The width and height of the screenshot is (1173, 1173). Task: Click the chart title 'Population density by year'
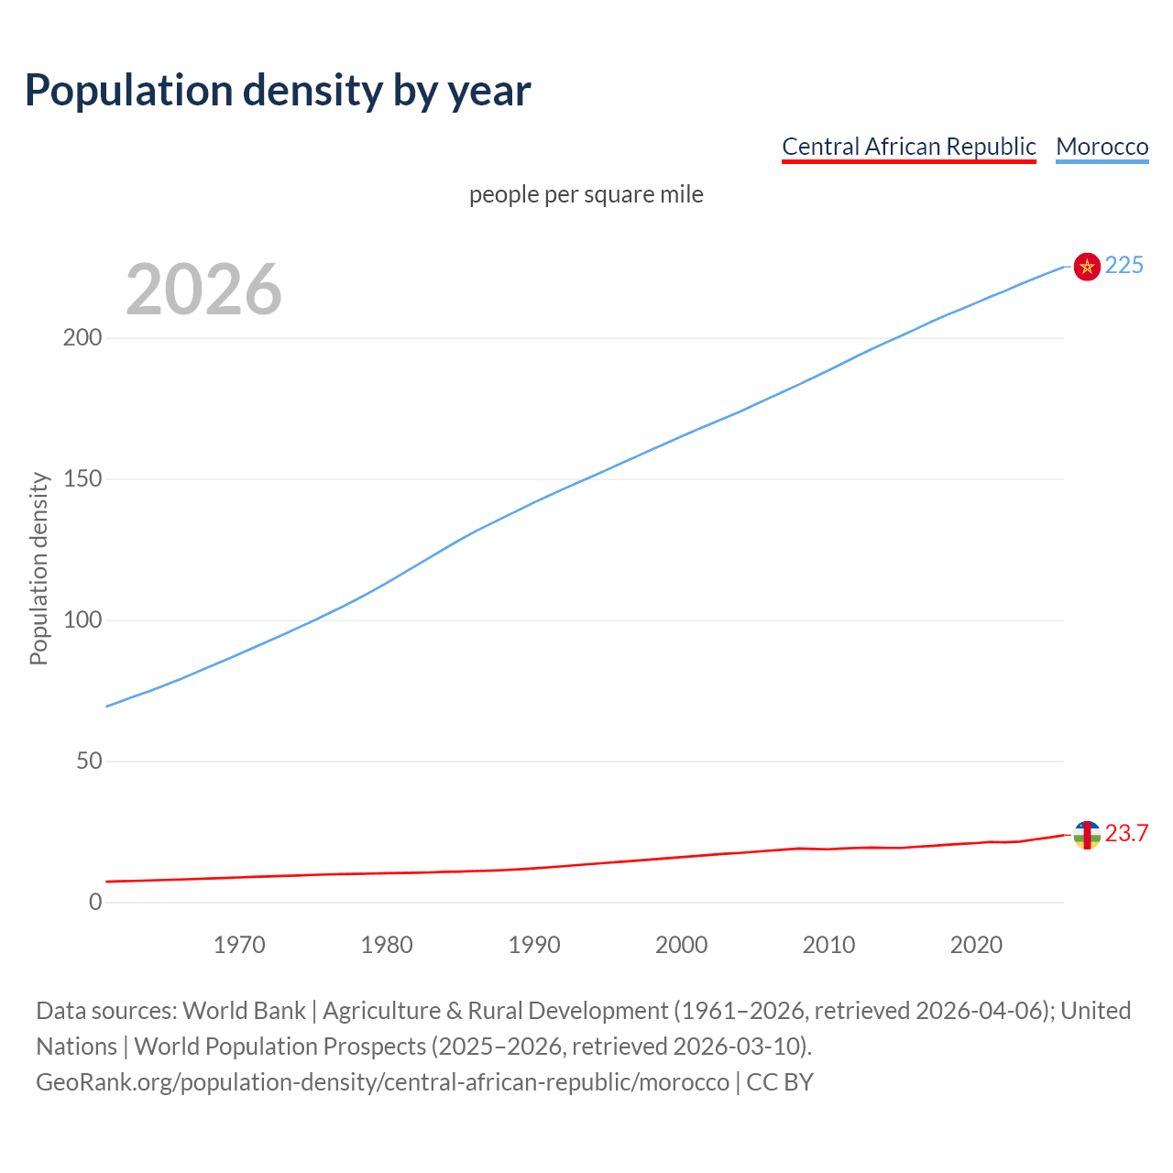coord(278,90)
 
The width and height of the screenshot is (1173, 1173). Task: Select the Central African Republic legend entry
coord(908,147)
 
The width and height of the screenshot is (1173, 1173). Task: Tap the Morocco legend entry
coord(1102,147)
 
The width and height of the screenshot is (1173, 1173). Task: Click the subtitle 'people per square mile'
coord(586,194)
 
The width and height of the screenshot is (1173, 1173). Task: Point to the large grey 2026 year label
coord(203,289)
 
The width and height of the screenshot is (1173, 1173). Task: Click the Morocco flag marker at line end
coord(1086,266)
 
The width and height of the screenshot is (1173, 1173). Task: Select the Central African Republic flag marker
coord(1086,835)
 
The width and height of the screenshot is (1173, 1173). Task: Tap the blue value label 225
coord(1124,265)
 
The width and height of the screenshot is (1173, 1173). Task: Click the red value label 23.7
coord(1126,833)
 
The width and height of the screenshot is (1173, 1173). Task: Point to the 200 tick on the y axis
coord(82,337)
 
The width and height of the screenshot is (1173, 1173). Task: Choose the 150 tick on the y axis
coord(82,478)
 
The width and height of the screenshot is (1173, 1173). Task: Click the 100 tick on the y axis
coord(82,619)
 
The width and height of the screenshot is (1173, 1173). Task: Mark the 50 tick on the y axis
coord(89,761)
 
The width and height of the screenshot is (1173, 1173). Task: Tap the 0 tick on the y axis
coord(95,902)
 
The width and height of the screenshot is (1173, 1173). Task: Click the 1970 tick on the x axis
coord(239,945)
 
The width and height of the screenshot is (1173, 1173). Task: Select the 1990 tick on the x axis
coord(534,945)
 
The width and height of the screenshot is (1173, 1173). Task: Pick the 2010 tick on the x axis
coord(828,945)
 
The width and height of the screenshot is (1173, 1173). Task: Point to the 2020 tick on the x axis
coord(976,945)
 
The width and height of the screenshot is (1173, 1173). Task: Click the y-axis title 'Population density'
coord(38,568)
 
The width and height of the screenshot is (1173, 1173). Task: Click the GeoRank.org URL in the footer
coord(382,1082)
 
